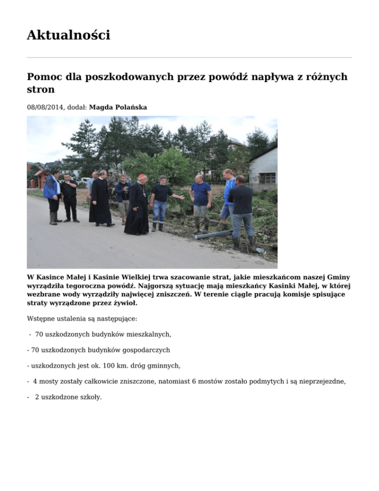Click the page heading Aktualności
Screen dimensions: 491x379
click(x=68, y=35)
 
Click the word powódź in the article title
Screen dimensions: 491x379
click(x=218, y=77)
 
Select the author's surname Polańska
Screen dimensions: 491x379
click(x=129, y=107)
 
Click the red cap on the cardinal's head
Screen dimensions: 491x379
click(x=142, y=176)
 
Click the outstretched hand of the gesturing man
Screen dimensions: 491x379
click(x=182, y=198)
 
